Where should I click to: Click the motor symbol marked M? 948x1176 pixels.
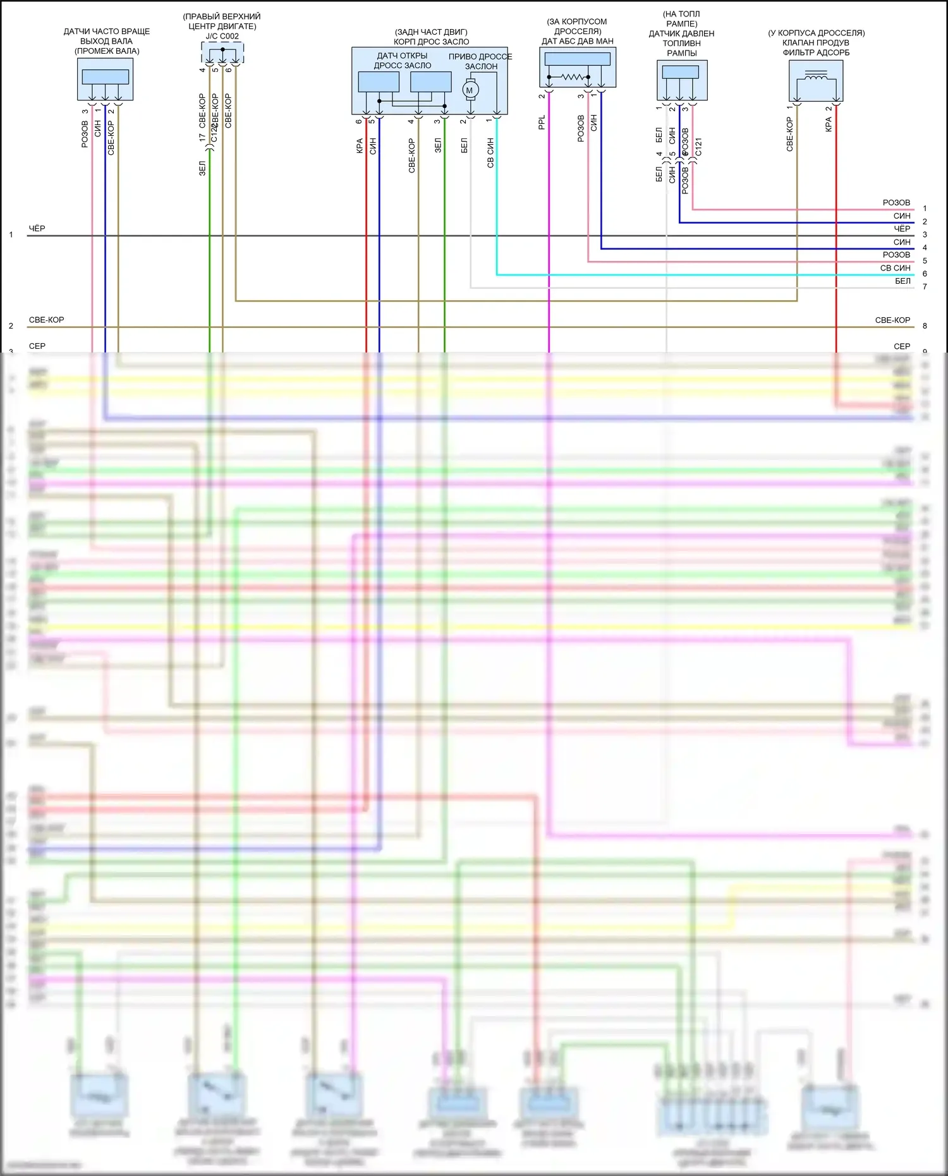(470, 90)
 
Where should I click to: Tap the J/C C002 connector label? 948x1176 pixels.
(222, 37)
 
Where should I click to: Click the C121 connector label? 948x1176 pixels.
(698, 147)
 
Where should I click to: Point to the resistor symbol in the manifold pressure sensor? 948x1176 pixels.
(572, 77)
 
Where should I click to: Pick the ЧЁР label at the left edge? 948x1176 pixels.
(37, 228)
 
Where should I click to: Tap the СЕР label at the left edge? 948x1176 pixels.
(37, 346)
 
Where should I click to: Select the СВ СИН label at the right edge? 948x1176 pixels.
(895, 268)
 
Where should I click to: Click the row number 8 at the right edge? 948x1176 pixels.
(925, 326)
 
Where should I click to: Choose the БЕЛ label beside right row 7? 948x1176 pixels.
(902, 281)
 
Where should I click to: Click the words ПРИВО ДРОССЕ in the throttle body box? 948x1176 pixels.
(480, 57)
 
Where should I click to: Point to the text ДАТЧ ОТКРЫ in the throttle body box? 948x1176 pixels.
(402, 56)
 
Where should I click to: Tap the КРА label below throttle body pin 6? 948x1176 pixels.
(360, 146)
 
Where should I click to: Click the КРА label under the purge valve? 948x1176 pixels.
(829, 124)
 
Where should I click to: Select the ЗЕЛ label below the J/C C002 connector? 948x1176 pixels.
(202, 168)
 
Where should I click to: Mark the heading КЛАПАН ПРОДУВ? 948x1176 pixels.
(816, 42)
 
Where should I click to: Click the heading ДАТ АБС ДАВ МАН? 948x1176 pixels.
(577, 41)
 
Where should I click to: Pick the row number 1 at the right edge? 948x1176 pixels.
(925, 209)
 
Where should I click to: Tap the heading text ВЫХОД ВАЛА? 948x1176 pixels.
(106, 41)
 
